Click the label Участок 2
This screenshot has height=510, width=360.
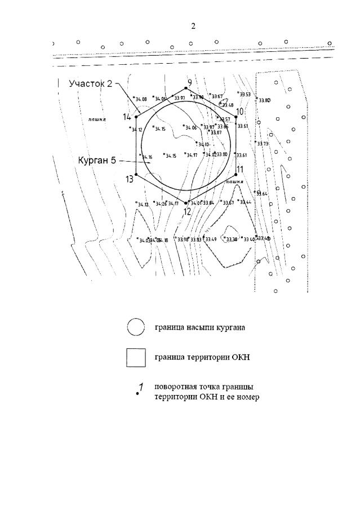(x=91, y=84)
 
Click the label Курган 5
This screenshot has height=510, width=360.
(x=97, y=161)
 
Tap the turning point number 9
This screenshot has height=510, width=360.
(x=189, y=83)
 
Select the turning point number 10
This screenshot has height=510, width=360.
(x=239, y=112)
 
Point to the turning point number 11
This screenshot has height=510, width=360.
(x=239, y=169)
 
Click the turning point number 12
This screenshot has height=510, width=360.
(x=187, y=211)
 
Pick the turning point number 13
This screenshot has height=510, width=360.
(x=130, y=179)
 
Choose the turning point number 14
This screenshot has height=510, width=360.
(x=127, y=117)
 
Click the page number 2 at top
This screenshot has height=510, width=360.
(x=193, y=26)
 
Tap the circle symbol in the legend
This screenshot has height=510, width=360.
(x=136, y=327)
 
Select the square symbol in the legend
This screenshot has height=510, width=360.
(x=136, y=358)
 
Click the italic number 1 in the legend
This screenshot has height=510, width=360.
(x=141, y=387)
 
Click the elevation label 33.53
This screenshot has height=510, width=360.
(x=245, y=95)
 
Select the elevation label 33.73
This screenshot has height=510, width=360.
(x=263, y=144)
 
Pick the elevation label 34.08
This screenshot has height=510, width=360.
(x=140, y=100)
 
